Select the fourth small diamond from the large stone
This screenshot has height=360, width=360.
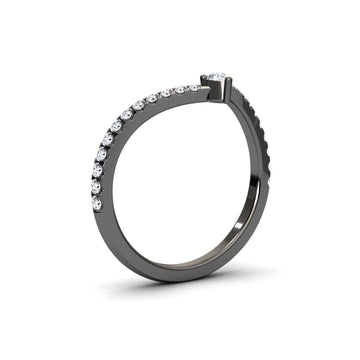click(x=154, y=99)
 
